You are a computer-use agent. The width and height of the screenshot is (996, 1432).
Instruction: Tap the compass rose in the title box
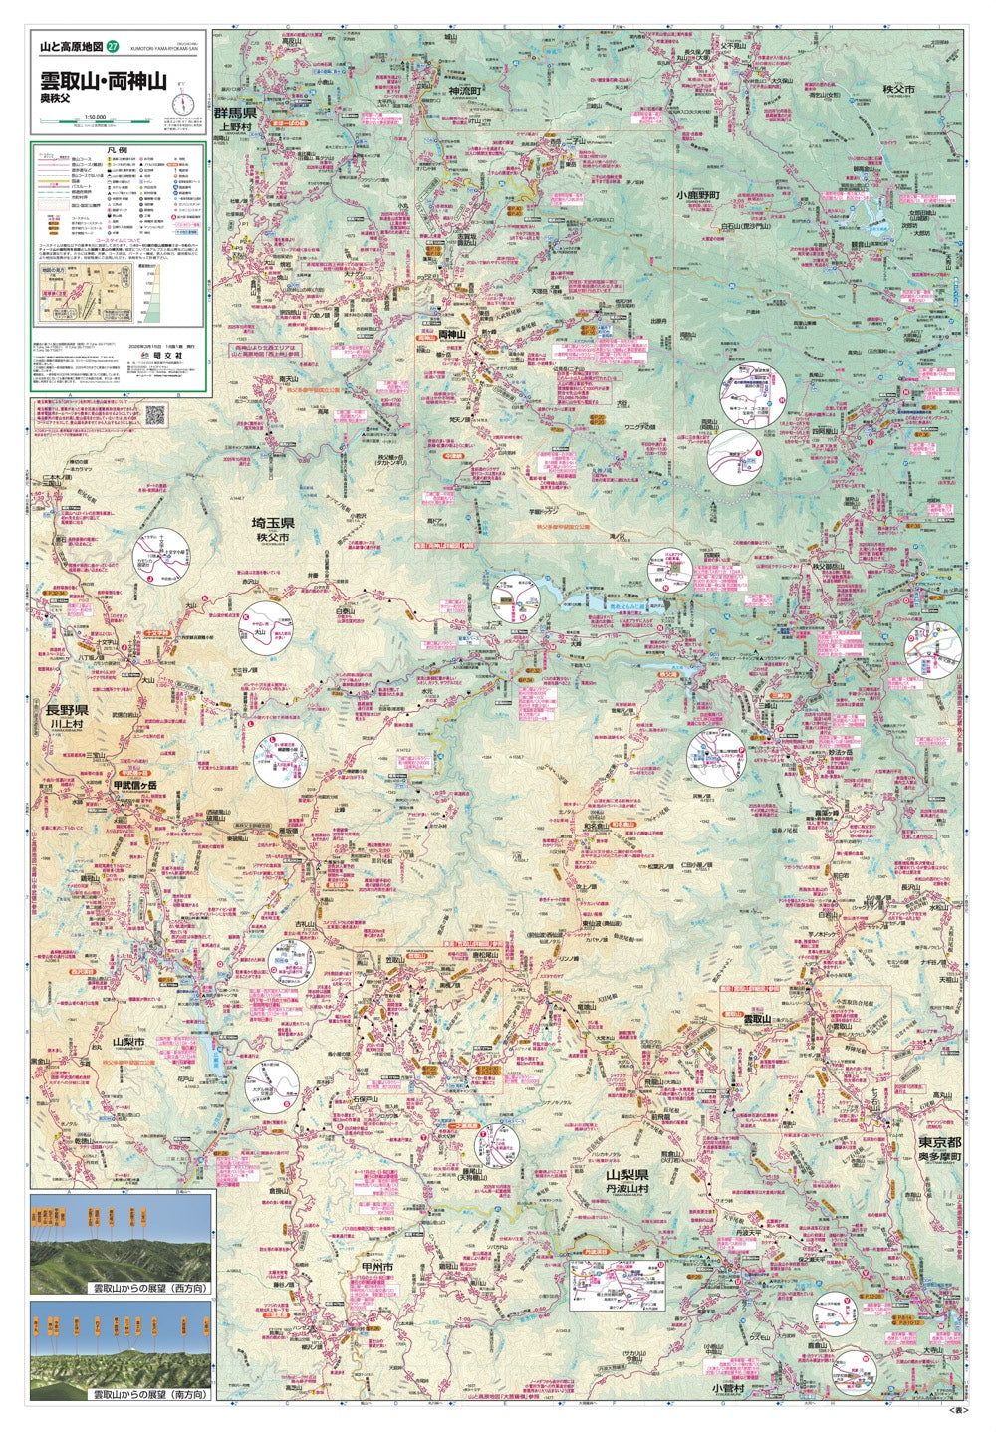pos(182,102)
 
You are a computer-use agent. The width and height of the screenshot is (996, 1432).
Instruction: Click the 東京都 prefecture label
pos(938,1142)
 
